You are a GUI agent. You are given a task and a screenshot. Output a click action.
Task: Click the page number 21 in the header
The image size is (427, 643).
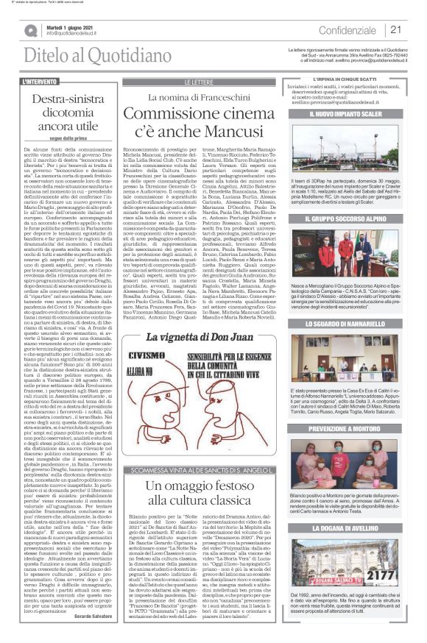(x=395, y=29)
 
